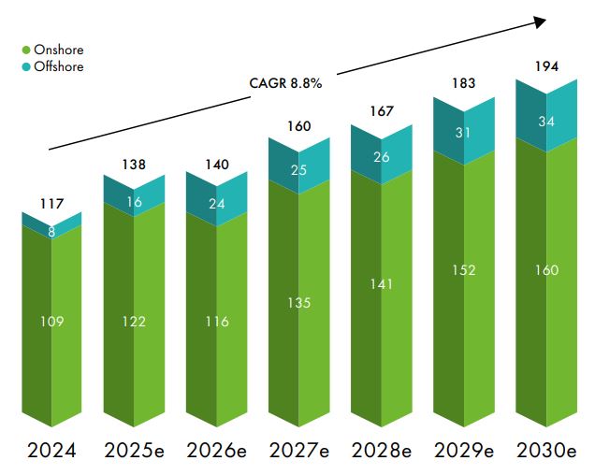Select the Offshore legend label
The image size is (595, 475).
pyautogui.click(x=58, y=66)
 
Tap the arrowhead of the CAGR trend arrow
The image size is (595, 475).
pyautogui.click(x=540, y=21)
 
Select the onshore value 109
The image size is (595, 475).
pyautogui.click(x=51, y=322)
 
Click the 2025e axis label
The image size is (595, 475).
pyautogui.click(x=134, y=450)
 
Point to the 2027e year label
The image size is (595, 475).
pyautogui.click(x=298, y=450)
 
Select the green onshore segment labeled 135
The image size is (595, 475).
pyautogui.click(x=298, y=302)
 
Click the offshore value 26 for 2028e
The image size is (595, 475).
pyautogui.click(x=381, y=157)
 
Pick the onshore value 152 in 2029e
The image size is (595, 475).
pyautogui.click(x=463, y=270)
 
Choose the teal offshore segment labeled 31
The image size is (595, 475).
pyautogui.click(x=463, y=134)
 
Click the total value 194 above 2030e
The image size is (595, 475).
pyautogui.click(x=545, y=67)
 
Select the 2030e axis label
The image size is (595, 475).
pyautogui.click(x=546, y=450)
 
